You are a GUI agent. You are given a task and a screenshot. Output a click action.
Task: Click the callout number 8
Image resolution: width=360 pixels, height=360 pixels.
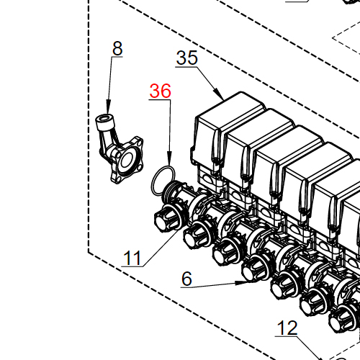coord(117,48)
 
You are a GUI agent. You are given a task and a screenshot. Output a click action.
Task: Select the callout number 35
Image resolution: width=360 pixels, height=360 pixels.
coord(186,58)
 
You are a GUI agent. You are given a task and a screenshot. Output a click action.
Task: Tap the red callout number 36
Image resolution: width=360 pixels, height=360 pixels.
coord(160,91)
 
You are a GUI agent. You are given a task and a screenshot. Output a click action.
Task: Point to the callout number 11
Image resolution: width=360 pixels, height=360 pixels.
coord(132,257)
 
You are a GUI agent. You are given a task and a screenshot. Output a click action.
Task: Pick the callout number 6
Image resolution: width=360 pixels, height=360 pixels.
coord(186,279)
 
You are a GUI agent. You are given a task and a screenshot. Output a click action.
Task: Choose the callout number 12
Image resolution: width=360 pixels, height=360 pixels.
coord(287,328)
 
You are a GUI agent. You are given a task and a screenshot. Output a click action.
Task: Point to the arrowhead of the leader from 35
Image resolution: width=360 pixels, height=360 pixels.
coord(220,96)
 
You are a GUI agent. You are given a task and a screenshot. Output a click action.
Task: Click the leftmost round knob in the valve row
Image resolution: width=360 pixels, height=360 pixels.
coord(167,217)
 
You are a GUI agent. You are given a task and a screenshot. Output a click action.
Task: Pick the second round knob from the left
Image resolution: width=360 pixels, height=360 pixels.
coord(196,234)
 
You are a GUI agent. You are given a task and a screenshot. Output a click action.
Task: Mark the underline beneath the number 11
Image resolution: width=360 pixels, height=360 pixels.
coord(132,267)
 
